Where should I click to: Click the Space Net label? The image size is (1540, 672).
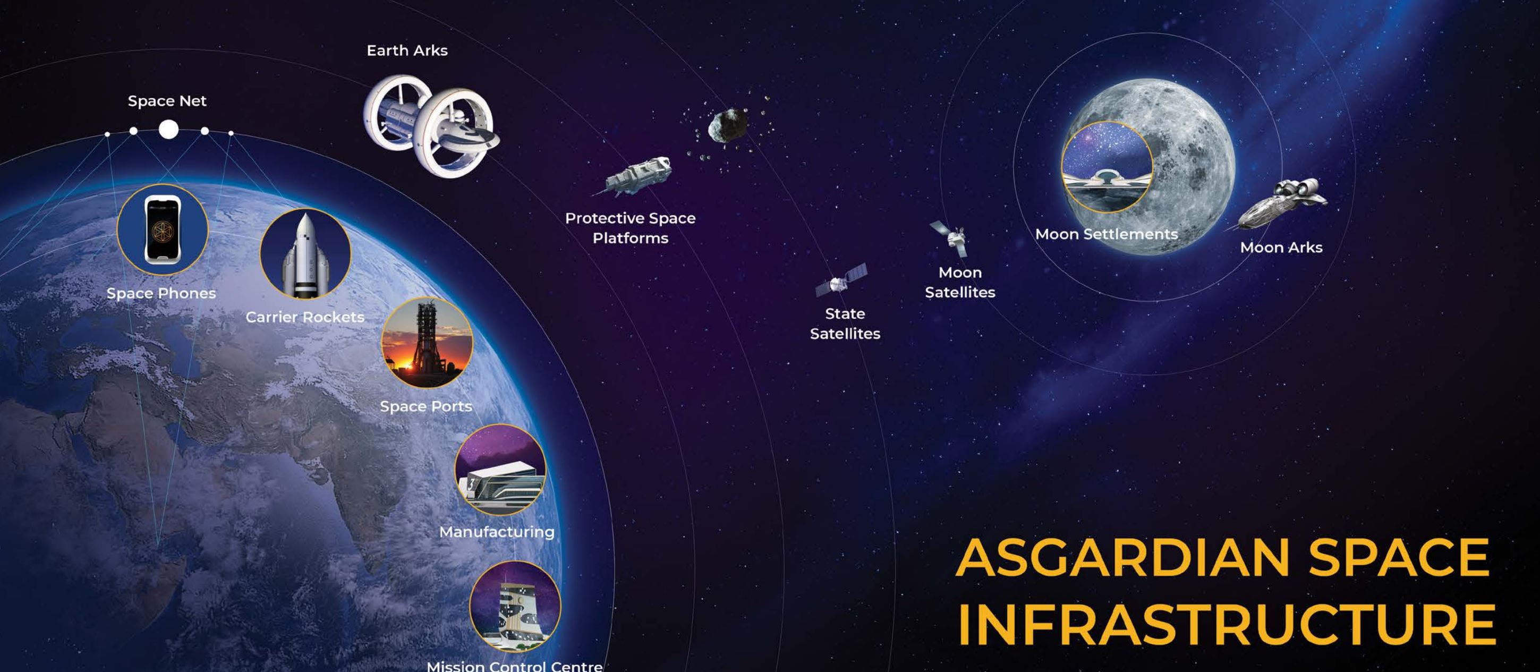click(167, 101)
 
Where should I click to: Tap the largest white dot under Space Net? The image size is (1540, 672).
click(168, 129)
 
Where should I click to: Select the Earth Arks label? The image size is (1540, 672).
click(407, 51)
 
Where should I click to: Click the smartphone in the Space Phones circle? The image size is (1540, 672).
click(163, 229)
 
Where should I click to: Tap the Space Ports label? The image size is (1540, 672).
click(426, 406)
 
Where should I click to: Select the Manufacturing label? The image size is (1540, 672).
click(497, 532)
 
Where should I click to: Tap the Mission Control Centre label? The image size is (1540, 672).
click(515, 666)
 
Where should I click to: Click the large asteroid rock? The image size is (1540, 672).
click(728, 125)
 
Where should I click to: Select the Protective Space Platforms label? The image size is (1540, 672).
click(631, 228)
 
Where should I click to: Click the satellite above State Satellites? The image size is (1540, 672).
click(840, 280)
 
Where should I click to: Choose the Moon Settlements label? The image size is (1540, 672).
click(1107, 234)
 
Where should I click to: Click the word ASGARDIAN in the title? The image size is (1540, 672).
click(1122, 557)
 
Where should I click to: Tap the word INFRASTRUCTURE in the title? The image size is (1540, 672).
click(1227, 625)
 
